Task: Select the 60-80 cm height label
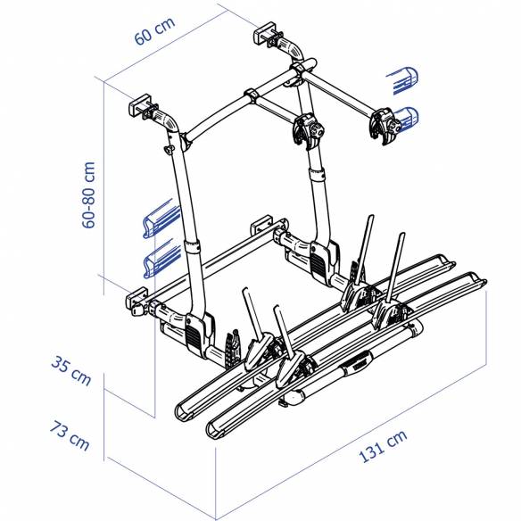(89, 195)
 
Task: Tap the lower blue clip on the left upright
(161, 260)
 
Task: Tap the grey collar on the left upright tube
(193, 252)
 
